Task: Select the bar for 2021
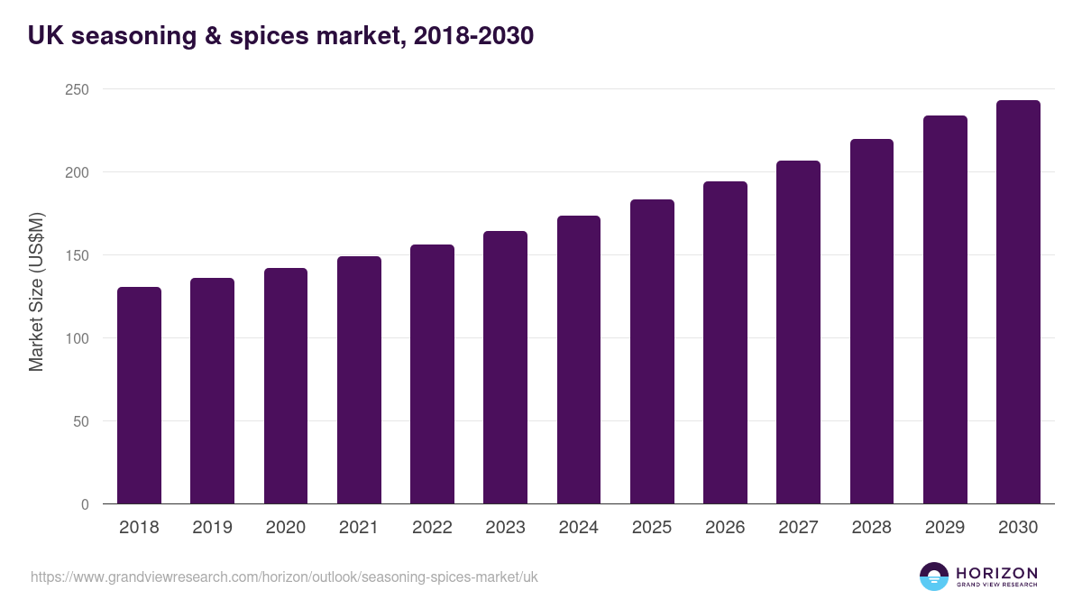359,380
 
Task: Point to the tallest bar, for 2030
1018,302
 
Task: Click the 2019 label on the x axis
212,528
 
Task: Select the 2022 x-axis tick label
432,528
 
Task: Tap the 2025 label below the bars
652,528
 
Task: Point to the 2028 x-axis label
872,528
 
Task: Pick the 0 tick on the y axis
85,504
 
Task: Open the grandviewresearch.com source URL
284,577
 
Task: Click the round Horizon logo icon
934,577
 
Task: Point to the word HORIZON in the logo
996,573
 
